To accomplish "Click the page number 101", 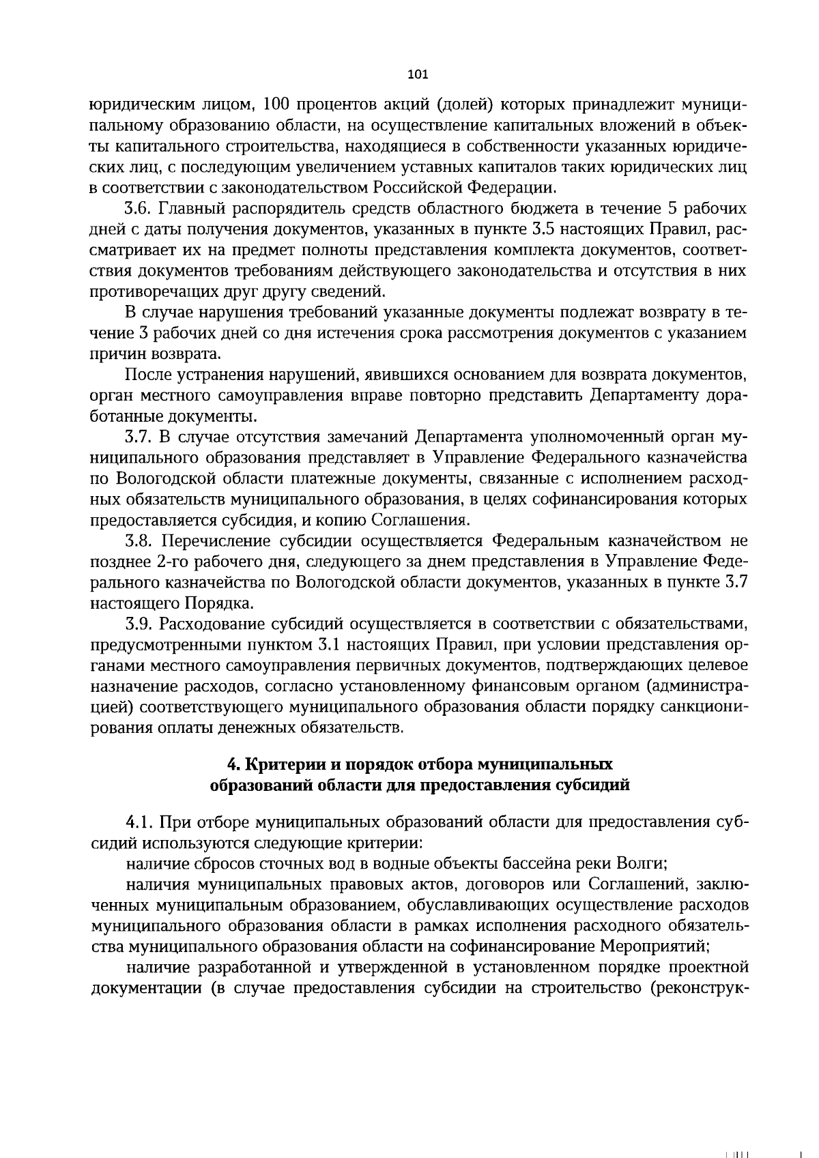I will pyautogui.click(x=416, y=74).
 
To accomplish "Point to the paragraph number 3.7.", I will pyautogui.click(x=139, y=437).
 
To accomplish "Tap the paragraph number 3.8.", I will pyautogui.click(x=139, y=541).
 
